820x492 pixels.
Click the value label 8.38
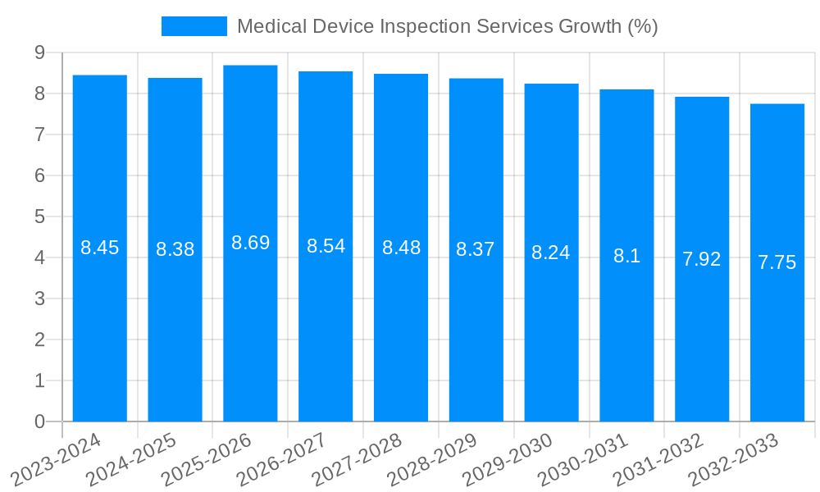coord(175,249)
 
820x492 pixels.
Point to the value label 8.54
coord(326,246)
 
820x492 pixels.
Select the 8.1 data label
coord(626,256)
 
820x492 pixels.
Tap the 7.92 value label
coord(702,259)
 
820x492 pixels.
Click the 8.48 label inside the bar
coord(401,248)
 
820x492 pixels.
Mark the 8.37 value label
coord(476,249)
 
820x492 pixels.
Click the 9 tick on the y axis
coord(39,52)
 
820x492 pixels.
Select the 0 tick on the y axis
coord(39,421)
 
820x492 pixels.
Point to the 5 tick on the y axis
coord(39,216)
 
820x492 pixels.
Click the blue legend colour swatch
coord(194,26)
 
